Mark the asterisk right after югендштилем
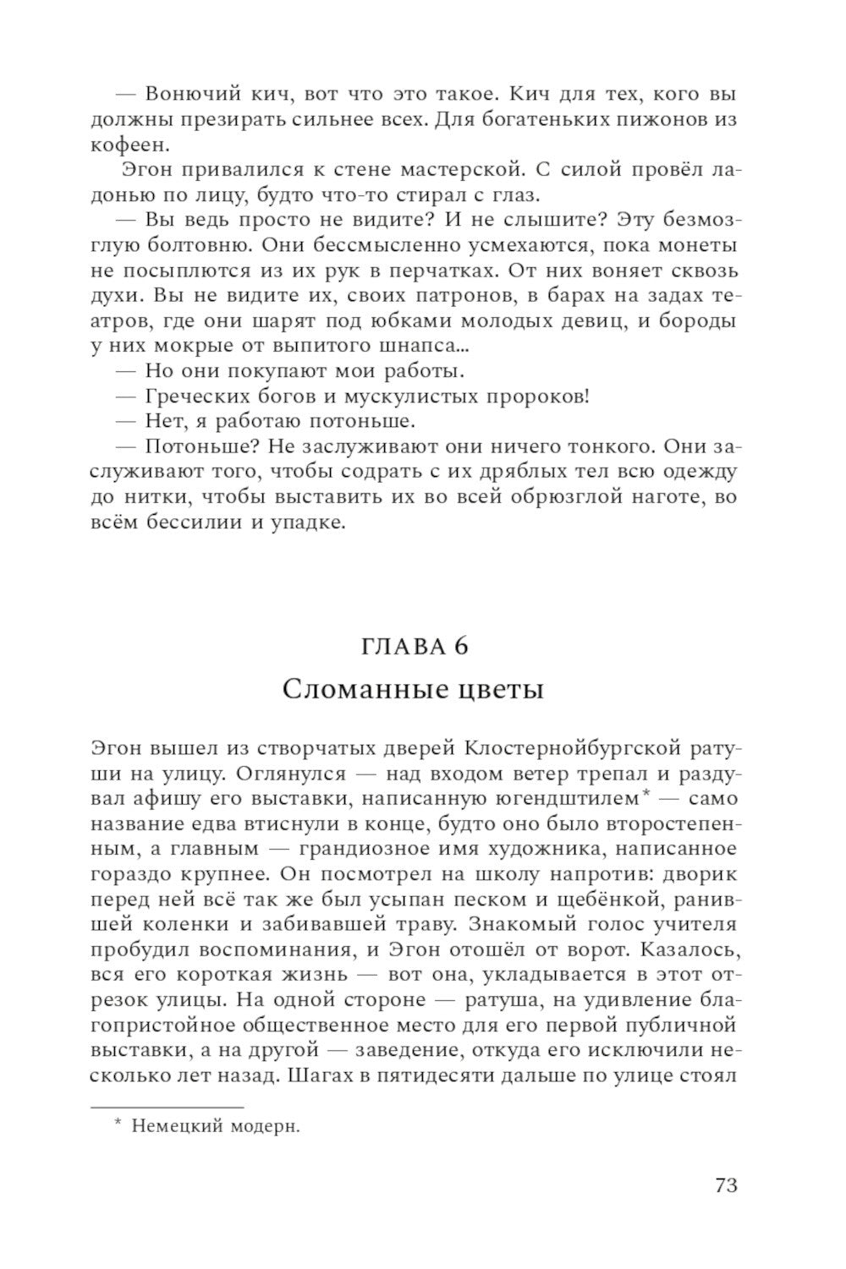(645, 794)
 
